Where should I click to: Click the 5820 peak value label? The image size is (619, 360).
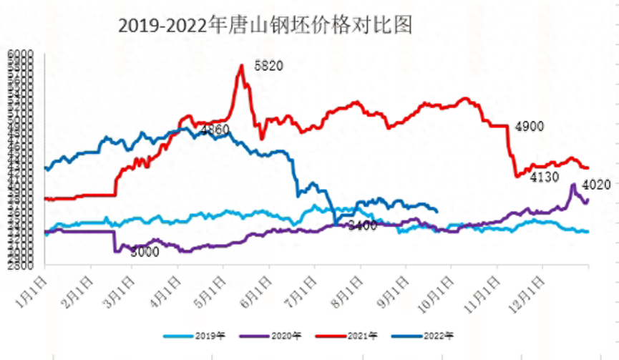click(269, 66)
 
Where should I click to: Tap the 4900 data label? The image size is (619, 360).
click(530, 127)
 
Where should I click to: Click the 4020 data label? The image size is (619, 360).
click(596, 185)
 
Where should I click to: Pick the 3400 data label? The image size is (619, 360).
click(362, 226)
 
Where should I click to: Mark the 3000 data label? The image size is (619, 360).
click(146, 251)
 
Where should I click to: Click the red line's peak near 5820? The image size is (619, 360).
click(241, 65)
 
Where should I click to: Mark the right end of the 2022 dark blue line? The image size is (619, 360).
click(437, 210)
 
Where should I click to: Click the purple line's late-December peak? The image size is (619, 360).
click(573, 185)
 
